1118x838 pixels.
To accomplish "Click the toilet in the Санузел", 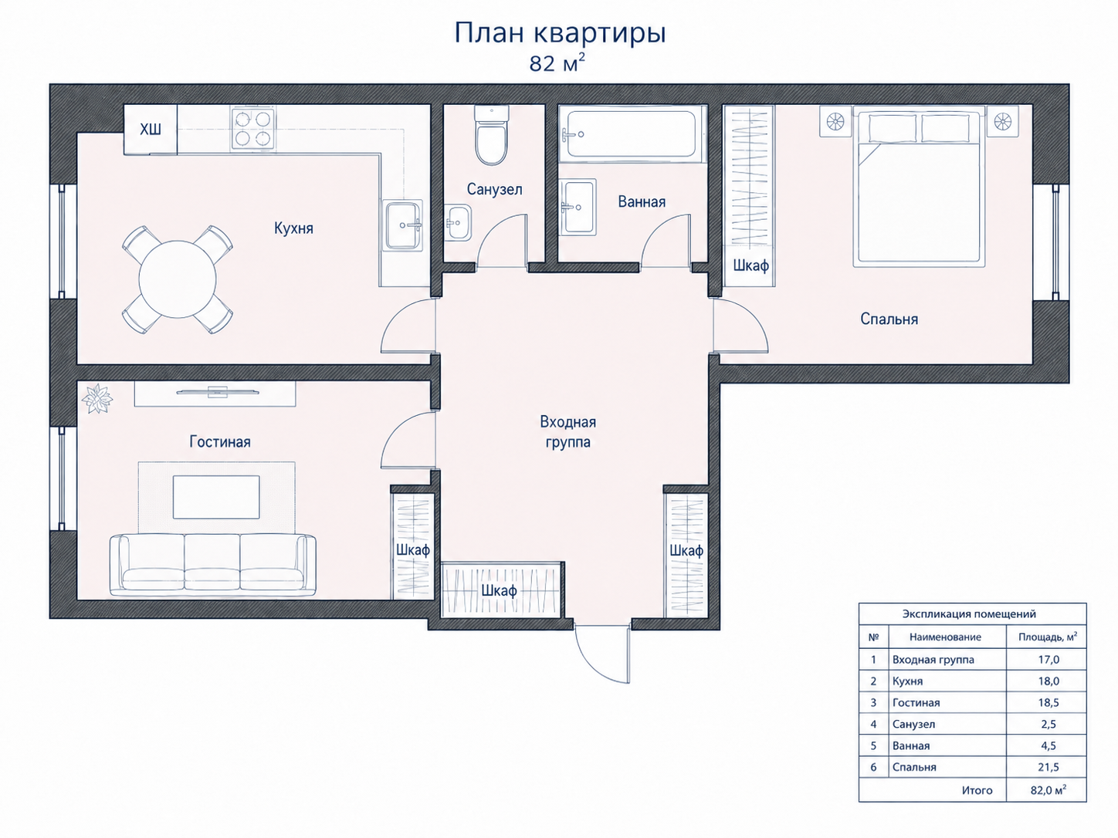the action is [492, 134].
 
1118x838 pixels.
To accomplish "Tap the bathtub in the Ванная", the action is [632, 134].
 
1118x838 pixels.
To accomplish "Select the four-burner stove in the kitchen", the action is [252, 128].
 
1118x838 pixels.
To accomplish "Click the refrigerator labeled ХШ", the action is [151, 129].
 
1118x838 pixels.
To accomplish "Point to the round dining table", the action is [178, 279].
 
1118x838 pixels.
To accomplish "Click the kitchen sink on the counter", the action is [403, 225].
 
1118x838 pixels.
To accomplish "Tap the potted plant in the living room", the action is [97, 398].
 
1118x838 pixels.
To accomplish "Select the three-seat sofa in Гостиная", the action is [213, 565].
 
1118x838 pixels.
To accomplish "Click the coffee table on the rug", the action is [216, 497].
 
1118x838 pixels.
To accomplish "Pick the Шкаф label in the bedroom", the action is [750, 265].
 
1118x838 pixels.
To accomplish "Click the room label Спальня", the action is [889, 319].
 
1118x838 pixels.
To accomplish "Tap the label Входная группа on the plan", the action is [568, 431].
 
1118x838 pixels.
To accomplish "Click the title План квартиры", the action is [561, 33].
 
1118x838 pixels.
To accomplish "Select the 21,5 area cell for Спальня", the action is [1049, 767].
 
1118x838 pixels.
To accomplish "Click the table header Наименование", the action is [945, 637].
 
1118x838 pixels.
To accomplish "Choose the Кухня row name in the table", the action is [908, 681].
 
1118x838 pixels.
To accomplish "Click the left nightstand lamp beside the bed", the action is [835, 122].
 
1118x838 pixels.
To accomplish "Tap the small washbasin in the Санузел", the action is [457, 222].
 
